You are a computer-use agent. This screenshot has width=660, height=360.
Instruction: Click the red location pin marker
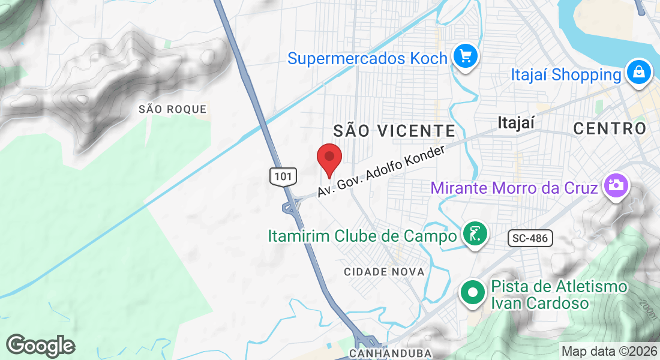tap(329, 158)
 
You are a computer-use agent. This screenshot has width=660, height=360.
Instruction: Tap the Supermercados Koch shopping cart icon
tap(465, 58)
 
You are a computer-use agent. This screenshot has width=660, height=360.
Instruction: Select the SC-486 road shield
tap(530, 238)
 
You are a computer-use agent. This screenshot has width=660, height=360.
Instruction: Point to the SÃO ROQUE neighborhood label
tap(172, 109)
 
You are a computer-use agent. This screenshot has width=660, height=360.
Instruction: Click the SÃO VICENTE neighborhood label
tap(394, 130)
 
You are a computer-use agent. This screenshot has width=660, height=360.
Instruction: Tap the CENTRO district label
tap(610, 128)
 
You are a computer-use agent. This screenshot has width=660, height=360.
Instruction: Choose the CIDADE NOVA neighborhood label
tap(384, 272)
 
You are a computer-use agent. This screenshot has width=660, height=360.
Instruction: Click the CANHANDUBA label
tap(390, 353)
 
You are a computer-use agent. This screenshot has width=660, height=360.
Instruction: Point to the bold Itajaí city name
tap(516, 123)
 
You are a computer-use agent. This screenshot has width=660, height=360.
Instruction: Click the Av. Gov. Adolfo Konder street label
tap(381, 172)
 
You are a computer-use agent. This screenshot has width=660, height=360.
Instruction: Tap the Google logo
tap(40, 346)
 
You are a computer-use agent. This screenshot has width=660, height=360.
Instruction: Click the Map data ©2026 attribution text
tap(608, 351)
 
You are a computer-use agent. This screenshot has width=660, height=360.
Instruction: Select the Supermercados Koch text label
tap(367, 58)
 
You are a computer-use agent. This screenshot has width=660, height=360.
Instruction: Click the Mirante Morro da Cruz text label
tap(514, 188)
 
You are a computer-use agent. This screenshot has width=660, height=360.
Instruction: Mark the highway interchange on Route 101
tap(292, 206)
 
